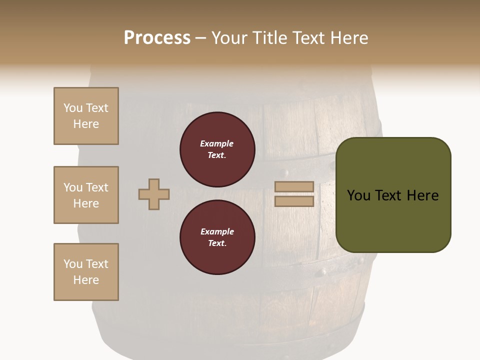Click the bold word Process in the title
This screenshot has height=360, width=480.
point(157,38)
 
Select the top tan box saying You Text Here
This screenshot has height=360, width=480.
point(86,116)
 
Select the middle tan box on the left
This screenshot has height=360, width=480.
point(86,195)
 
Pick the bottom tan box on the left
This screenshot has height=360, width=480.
point(86,272)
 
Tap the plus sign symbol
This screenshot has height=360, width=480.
point(154,194)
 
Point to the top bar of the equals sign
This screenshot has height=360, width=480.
point(294,186)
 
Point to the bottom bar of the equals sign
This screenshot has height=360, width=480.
point(294,201)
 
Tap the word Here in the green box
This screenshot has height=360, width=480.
point(422,195)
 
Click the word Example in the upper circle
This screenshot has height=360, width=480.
point(217,143)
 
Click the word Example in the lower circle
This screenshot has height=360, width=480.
point(217,231)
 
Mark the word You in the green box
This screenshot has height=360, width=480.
point(359,195)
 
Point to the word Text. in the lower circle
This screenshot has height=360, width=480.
point(217,243)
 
